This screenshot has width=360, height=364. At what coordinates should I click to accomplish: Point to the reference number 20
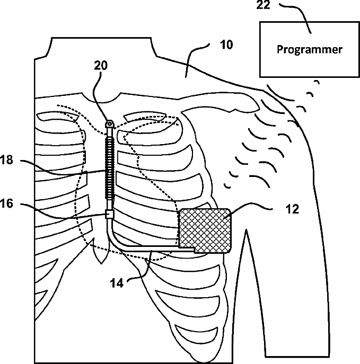tap(101, 65)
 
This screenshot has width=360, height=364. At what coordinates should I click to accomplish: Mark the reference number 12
tap(292, 209)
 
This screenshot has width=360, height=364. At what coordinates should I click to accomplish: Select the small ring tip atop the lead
tap(110, 123)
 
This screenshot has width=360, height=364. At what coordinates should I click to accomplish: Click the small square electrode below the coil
tap(110, 214)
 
